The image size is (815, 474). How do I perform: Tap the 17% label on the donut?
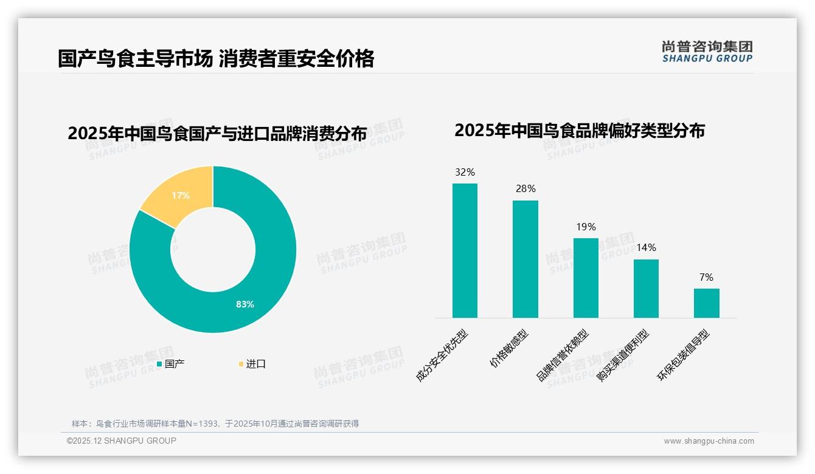[181, 196]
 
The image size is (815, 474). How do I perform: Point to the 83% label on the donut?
[245, 304]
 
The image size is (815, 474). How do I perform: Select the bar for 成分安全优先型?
[465, 250]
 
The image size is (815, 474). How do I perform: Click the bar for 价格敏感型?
[525, 259]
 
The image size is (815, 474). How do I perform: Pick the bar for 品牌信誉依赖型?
[586, 278]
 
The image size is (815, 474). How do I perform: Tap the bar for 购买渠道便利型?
[646, 288]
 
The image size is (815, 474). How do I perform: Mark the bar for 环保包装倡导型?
[706, 303]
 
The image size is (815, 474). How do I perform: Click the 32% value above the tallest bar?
[465, 173]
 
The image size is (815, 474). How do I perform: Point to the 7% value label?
[706, 278]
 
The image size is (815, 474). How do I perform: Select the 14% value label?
[646, 248]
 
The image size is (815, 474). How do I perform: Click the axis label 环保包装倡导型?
[684, 355]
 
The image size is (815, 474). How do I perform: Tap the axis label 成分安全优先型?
[442, 355]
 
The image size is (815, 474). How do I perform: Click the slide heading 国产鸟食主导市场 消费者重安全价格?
[216, 59]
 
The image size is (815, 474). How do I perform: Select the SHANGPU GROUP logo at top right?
[707, 52]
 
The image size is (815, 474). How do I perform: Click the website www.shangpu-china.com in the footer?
[709, 441]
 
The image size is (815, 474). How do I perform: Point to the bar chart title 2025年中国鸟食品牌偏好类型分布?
[579, 131]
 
